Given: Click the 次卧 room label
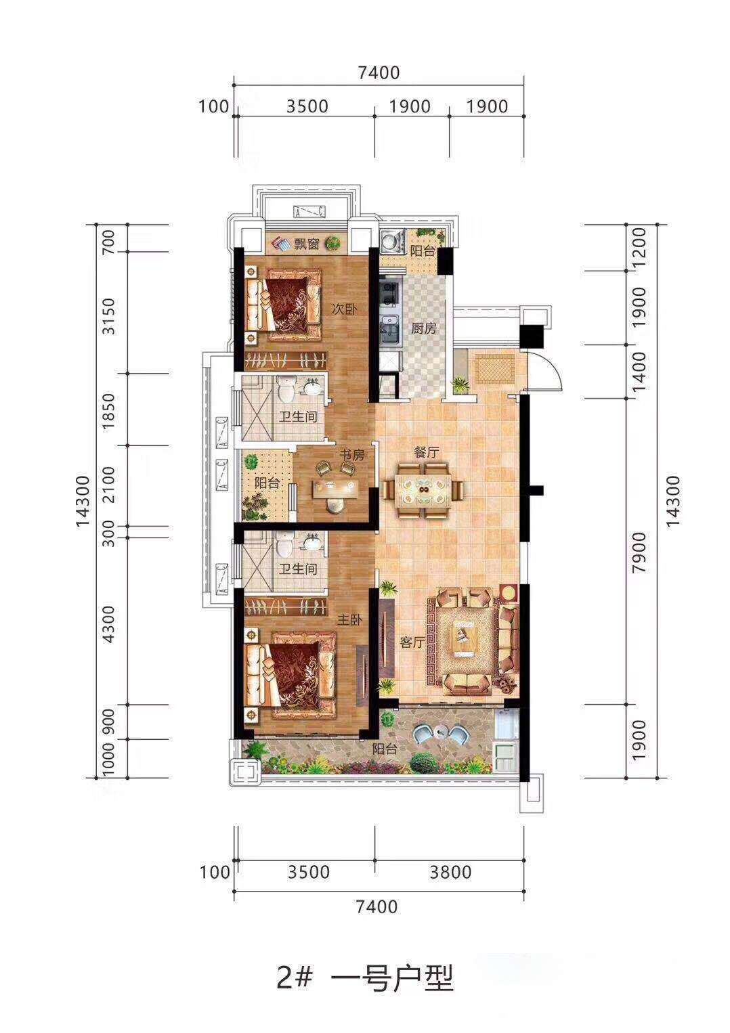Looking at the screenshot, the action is [345, 309].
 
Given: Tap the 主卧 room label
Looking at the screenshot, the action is [349, 620].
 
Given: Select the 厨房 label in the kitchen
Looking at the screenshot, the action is [423, 329].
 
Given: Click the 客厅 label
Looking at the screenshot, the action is [412, 642].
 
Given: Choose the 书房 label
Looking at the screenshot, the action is [352, 455].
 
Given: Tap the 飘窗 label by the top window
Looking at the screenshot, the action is [306, 244].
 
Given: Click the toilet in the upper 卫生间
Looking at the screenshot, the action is [286, 390].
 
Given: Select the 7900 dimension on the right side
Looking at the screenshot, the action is [639, 552].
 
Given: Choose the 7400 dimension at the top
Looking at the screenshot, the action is [379, 73].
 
